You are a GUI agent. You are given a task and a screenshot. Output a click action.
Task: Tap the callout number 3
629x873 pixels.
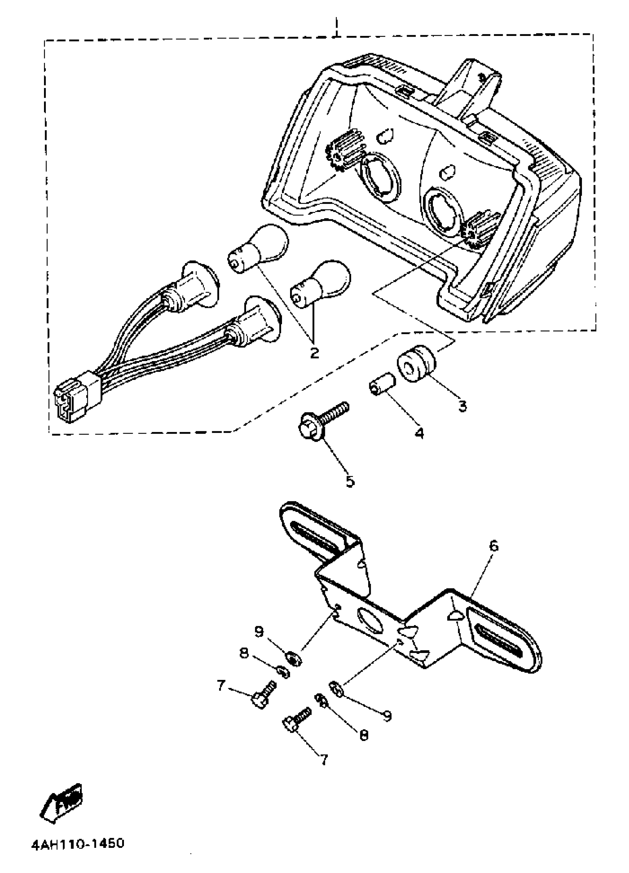[462, 406]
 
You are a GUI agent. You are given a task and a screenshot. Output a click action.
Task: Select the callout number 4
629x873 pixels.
[419, 434]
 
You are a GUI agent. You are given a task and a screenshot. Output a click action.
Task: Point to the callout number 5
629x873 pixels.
[350, 481]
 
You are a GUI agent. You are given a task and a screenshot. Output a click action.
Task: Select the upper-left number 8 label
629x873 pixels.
[244, 653]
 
